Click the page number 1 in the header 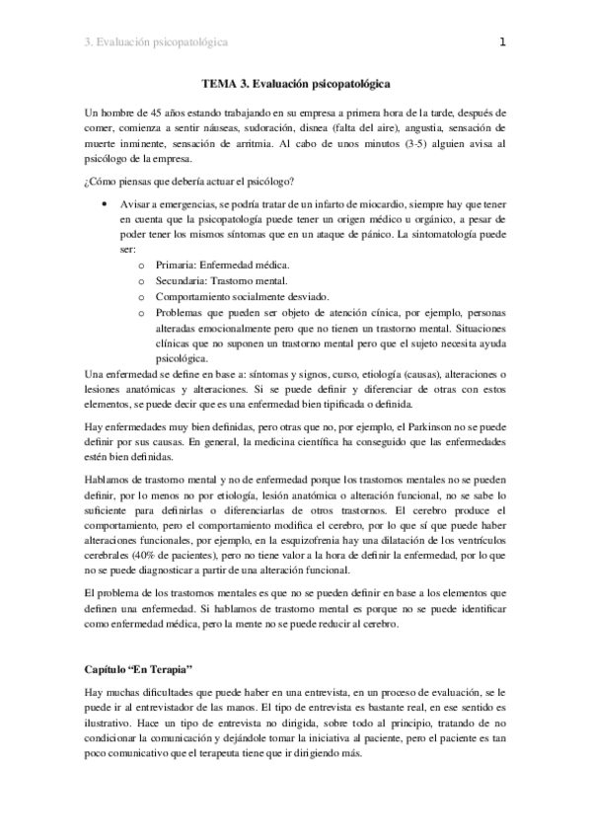[502, 42]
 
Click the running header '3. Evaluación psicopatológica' [157, 42]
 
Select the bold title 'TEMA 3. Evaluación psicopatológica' [296, 85]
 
